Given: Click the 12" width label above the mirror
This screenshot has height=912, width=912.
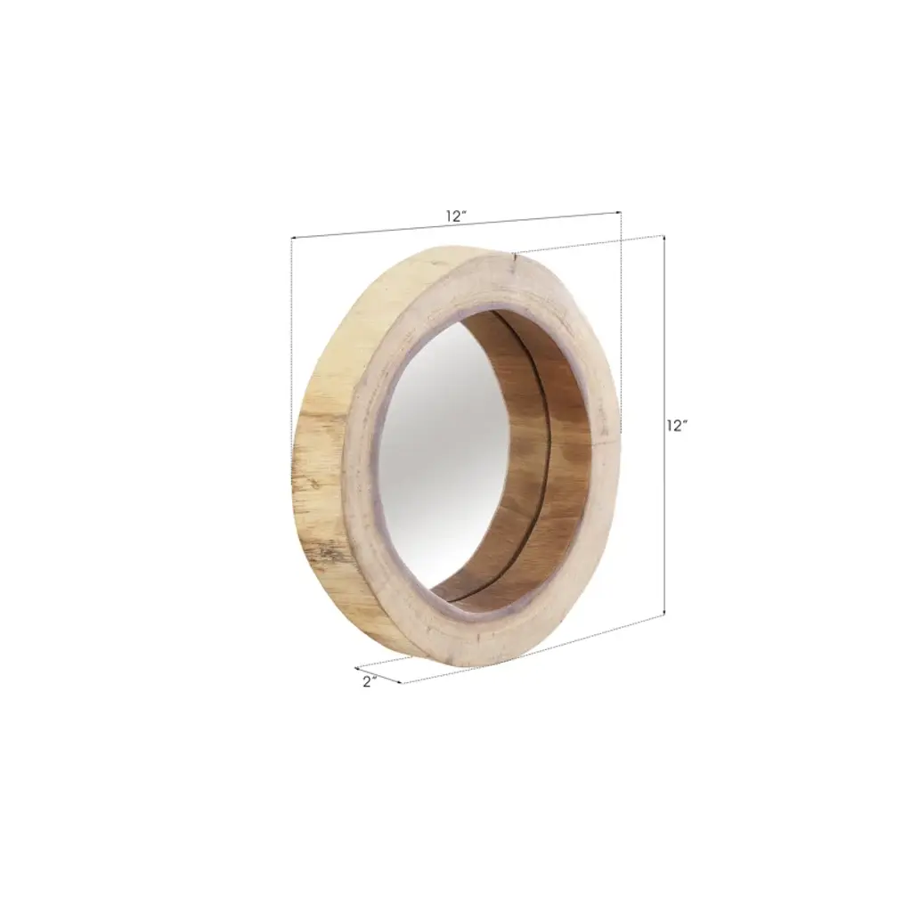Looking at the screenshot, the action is pos(457,216).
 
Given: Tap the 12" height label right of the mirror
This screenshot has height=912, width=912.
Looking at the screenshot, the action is pos(677,426).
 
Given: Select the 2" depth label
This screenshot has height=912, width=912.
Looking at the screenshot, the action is pos(370,681).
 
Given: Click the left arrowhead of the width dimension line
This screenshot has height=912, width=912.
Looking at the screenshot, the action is pos(293,238).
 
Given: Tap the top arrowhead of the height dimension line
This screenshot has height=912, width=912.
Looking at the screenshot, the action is pos(664,238).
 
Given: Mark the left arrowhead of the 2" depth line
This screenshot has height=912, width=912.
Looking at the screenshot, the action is pos(357,668).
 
